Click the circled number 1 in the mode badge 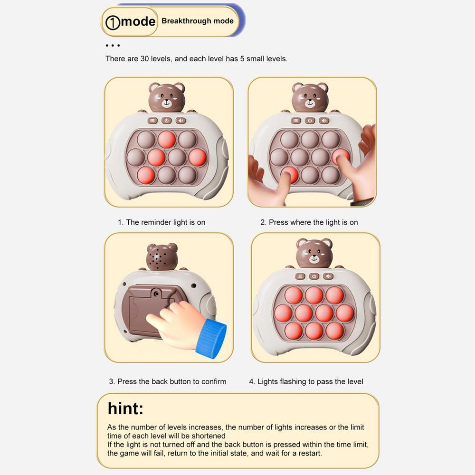[x=113, y=22]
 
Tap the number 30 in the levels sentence [x=144, y=59]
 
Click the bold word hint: [x=125, y=408]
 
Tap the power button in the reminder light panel [x=166, y=121]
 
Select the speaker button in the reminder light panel [x=181, y=121]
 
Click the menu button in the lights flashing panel [x=300, y=276]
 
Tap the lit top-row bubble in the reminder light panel [x=167, y=139]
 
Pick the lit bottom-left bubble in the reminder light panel [x=146, y=175]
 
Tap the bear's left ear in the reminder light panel [x=154, y=88]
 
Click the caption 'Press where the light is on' [x=309, y=222]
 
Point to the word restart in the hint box [x=310, y=454]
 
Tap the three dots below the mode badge [x=113, y=46]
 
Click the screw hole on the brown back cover [x=156, y=294]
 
